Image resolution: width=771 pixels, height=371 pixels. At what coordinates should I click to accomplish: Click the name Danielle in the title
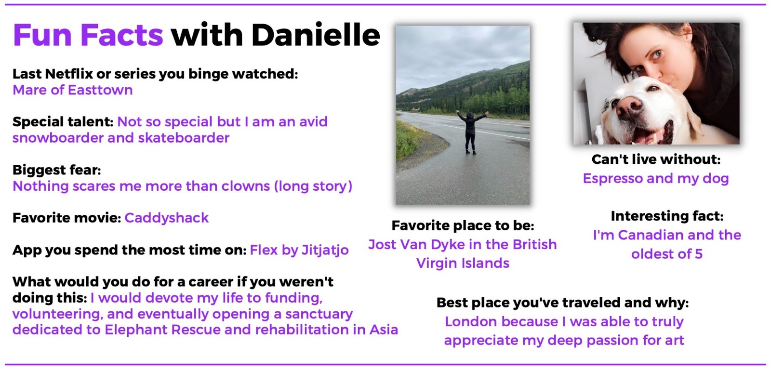tap(316, 35)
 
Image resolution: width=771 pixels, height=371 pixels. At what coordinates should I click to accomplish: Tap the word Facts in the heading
tap(121, 35)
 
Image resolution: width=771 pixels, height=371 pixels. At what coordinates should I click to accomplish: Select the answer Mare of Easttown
tap(73, 90)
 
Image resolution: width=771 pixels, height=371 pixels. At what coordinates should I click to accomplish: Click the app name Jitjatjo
tap(325, 250)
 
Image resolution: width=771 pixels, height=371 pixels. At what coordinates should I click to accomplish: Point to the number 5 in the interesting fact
tap(698, 254)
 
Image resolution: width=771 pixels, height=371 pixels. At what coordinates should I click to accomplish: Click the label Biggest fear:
tap(57, 170)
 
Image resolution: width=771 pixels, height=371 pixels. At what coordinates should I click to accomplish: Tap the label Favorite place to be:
tap(463, 226)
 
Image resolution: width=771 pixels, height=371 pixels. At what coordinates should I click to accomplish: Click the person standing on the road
tap(471, 132)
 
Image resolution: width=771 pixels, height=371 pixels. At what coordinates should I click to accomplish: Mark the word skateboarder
tap(184, 138)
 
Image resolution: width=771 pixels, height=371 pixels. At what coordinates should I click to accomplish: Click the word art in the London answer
tap(675, 340)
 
